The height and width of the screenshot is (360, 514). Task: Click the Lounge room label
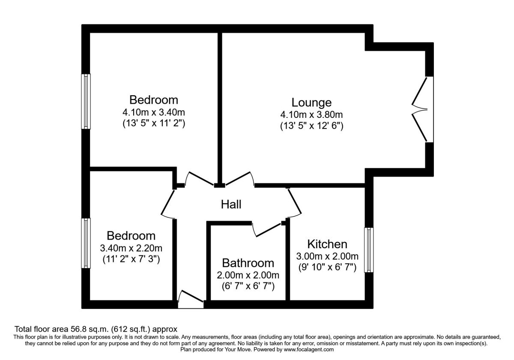pos(311,103)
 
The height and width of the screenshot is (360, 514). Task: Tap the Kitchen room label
pos(327,244)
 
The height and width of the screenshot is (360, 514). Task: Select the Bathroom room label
pos(248,263)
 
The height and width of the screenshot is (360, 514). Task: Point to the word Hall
pos(231,204)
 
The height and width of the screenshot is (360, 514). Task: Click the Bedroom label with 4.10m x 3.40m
pos(154,100)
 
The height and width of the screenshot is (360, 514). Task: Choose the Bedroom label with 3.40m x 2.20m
pos(131,236)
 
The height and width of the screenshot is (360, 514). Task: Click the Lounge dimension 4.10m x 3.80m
pos(311,114)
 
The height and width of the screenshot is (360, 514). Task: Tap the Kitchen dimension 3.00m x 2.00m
pos(327,256)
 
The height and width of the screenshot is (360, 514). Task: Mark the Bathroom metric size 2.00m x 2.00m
pos(248,275)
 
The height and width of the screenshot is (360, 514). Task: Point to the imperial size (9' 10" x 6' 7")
pos(327,267)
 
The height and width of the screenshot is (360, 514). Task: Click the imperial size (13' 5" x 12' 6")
pos(311,126)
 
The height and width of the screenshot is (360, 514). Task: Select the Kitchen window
pos(368,250)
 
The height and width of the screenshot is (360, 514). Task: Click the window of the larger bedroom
pos(87,101)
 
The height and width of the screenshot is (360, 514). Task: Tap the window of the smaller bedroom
pos(87,243)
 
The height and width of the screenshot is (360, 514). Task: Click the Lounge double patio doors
pos(421,109)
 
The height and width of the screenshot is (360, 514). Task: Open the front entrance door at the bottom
pos(191,300)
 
